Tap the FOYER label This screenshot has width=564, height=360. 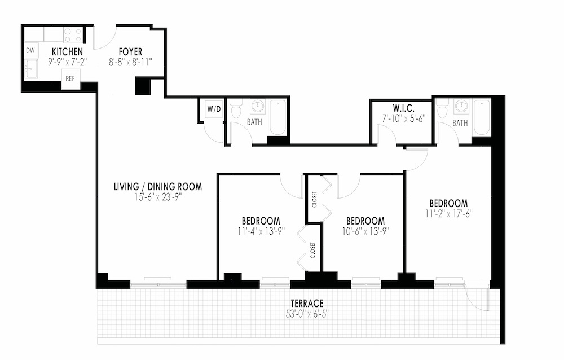point(130,52)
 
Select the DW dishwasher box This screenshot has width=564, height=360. point(30,50)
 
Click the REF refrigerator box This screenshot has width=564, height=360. point(70,79)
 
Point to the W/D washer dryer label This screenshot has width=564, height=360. point(213,108)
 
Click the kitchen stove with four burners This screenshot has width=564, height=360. point(72,34)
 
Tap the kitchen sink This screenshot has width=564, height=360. point(30,70)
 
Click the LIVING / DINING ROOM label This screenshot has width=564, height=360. point(157,187)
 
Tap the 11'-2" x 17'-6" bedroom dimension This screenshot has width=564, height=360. point(448,213)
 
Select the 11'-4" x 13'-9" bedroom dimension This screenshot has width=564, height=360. point(261,230)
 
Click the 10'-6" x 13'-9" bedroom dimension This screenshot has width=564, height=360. point(365,230)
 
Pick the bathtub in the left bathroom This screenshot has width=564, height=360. point(277,117)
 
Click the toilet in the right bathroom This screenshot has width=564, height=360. point(443,109)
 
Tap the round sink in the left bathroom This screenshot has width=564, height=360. point(258,106)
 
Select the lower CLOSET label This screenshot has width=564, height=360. point(312,251)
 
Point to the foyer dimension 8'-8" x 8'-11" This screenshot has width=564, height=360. point(130,61)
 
